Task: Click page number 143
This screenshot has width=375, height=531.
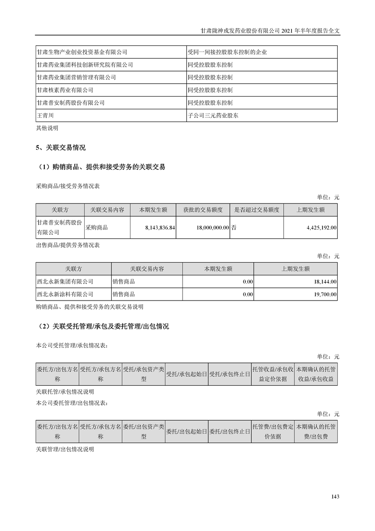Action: pos(335,496)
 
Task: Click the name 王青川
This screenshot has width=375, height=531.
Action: pos(45,115)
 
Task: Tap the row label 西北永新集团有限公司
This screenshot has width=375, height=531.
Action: pos(65,282)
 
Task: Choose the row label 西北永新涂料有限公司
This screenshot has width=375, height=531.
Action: pos(65,294)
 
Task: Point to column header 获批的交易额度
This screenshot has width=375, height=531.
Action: pos(202,210)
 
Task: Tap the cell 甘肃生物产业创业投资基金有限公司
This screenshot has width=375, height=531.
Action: pos(82,52)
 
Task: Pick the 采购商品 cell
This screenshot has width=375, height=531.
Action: pos(96,228)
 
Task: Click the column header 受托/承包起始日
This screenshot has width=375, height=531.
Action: pos(186,374)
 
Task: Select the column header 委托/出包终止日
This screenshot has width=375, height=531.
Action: pos(229,432)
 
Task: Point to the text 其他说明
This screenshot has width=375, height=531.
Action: pos(47,128)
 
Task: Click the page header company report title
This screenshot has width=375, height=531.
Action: pos(270,29)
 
